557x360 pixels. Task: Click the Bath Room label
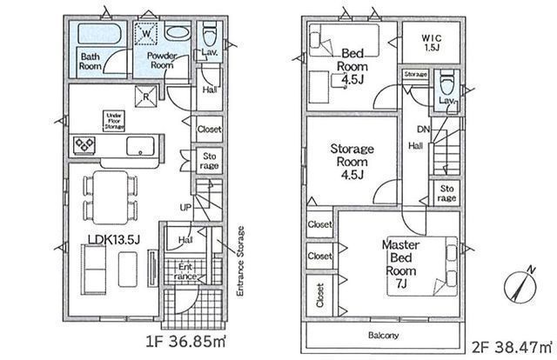pos(91,62)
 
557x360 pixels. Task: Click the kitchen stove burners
pos(88,145)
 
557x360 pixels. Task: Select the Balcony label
pos(382,335)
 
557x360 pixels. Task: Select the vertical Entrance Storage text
pos(240,262)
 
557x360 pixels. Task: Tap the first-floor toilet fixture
pos(209,36)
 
